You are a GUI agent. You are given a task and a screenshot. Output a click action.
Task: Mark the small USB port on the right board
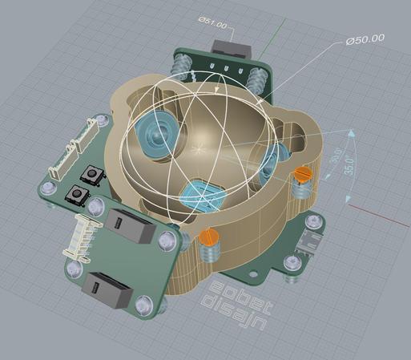308,240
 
